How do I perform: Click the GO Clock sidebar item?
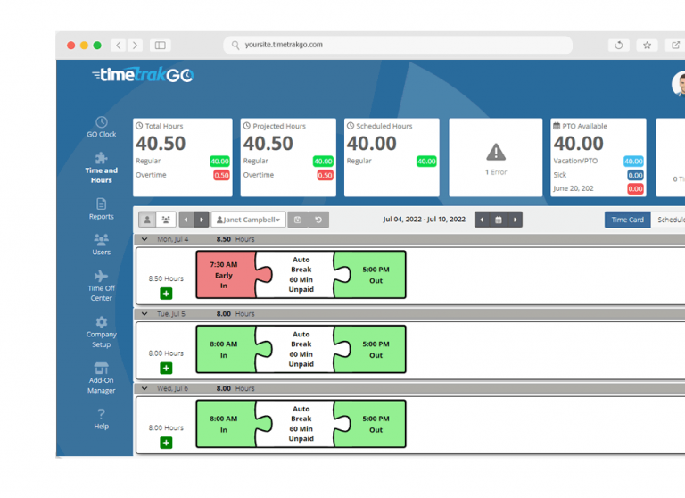101,126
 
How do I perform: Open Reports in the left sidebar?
101,208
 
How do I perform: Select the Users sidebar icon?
101,244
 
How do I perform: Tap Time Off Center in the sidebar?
101,286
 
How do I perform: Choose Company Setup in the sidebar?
101,332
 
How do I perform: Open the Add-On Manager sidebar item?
101,378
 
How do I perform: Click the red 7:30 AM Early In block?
224,275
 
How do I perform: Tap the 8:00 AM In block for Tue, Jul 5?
224,349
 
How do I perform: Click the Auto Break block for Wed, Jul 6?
301,424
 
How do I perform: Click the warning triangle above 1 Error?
496,153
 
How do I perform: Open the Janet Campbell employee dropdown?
249,220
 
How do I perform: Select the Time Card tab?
627,220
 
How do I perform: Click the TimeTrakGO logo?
143,76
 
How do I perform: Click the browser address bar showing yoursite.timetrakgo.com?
397,45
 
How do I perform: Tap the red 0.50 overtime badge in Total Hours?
221,176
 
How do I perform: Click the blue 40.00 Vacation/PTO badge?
633,162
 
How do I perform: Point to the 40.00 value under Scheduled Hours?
372,144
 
